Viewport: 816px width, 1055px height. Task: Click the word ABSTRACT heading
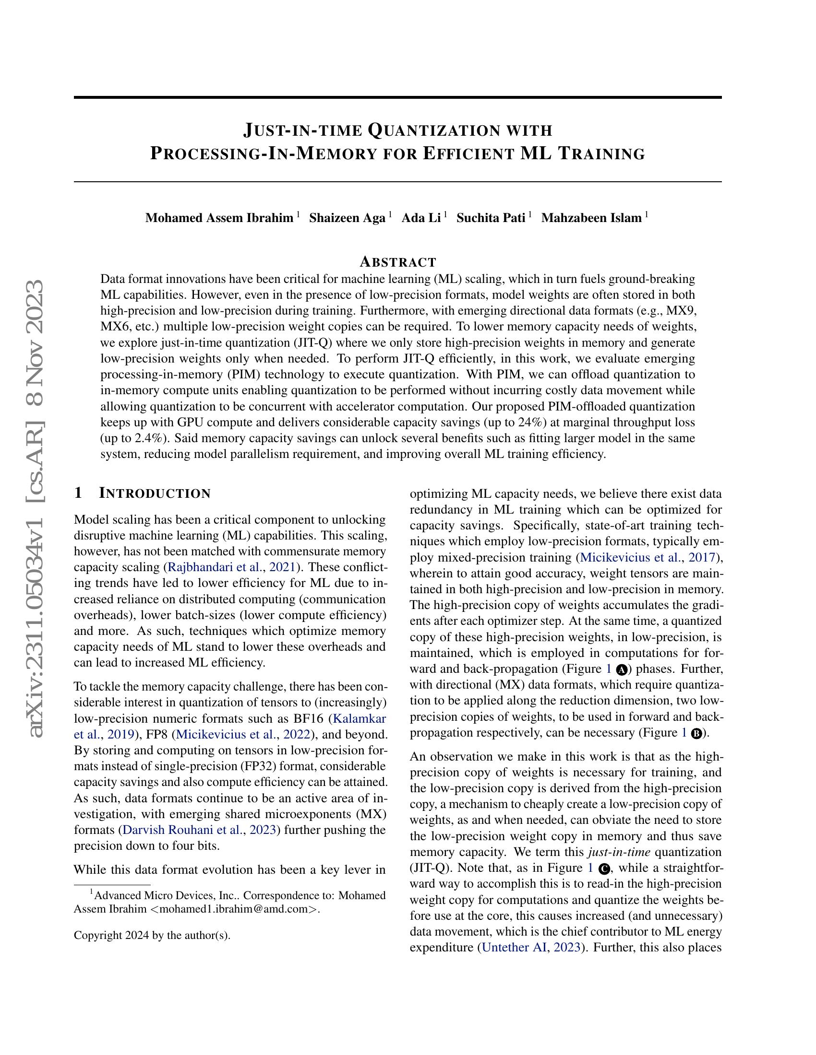point(398,262)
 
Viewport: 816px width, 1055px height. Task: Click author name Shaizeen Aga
point(347,218)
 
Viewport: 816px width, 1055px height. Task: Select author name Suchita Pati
point(491,218)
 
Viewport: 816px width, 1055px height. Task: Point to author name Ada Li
point(421,218)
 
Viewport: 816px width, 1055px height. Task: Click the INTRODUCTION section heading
point(155,493)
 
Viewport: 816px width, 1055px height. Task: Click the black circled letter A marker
point(622,669)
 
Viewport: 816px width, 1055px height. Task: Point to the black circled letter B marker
point(696,733)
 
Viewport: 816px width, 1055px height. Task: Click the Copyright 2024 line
point(152,935)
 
